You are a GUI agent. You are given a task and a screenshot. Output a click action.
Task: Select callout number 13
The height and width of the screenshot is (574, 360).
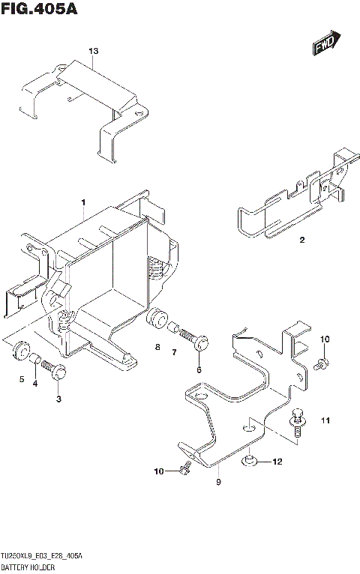tap(93, 51)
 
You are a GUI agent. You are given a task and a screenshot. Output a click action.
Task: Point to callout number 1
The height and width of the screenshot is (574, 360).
tap(84, 202)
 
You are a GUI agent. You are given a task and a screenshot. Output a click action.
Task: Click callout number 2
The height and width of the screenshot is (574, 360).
tap(301, 241)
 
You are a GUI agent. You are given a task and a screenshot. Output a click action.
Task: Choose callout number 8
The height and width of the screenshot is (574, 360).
tap(158, 347)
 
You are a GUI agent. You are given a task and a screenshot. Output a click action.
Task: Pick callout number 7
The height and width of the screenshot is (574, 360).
tap(174, 352)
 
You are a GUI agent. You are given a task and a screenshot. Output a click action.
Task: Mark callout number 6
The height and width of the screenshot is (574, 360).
tap(199, 369)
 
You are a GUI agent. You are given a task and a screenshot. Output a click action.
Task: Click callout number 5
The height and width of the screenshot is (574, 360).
tap(22, 378)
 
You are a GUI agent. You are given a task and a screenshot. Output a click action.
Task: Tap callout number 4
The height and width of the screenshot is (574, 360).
tap(35, 384)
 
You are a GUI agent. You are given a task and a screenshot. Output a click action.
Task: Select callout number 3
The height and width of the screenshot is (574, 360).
tap(58, 398)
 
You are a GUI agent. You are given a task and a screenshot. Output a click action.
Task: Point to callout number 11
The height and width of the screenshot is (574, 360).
tap(325, 420)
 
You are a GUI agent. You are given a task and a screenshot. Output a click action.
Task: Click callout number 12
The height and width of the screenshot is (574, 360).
tap(277, 462)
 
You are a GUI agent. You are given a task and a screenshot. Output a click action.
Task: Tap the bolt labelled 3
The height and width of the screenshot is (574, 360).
tap(54, 370)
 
